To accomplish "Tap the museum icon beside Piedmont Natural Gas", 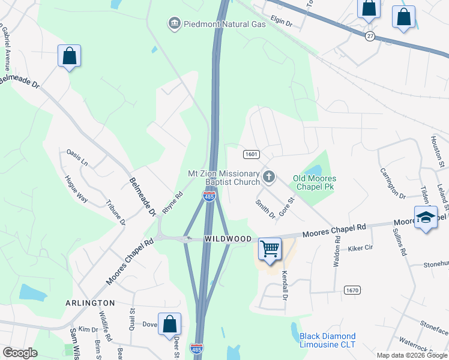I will (x=175, y=23).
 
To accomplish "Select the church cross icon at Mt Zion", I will (x=269, y=177).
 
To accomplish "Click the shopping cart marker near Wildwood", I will (x=270, y=248).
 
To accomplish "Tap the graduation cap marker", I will (x=426, y=217).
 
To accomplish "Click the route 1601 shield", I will (x=252, y=154).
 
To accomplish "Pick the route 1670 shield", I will (x=352, y=290).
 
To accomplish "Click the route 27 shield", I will (x=370, y=36).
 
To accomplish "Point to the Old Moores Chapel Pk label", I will (x=315, y=183).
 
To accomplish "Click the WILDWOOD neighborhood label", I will (x=228, y=239).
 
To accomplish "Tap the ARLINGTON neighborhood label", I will (x=90, y=303).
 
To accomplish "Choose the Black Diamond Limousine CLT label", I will (x=328, y=340).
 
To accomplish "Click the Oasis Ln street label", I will (x=77, y=157).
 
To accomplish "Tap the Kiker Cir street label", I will (x=360, y=247).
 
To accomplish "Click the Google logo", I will (x=19, y=353).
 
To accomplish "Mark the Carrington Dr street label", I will (x=393, y=183).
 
